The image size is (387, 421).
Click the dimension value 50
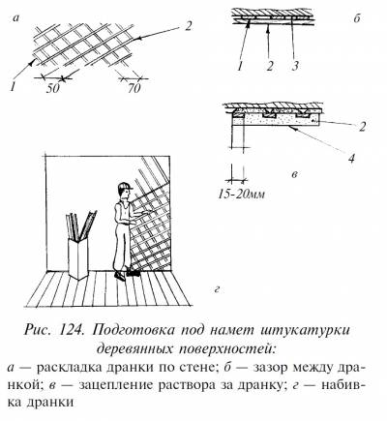[x=53, y=88]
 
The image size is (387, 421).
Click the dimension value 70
[x=134, y=88]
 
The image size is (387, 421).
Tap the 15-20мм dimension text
[x=241, y=195]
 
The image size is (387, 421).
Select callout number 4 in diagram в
[x=351, y=159]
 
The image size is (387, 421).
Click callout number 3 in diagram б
[x=294, y=66]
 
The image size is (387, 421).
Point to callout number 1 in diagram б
[x=239, y=66]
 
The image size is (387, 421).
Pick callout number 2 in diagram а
[x=188, y=25]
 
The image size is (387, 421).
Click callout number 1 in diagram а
[x=13, y=87]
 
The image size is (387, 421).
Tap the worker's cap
[x=125, y=187]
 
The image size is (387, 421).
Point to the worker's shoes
[x=127, y=275]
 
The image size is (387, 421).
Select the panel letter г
[x=217, y=290]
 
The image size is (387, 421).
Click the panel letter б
[x=356, y=18]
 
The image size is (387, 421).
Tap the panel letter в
[x=294, y=175]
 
